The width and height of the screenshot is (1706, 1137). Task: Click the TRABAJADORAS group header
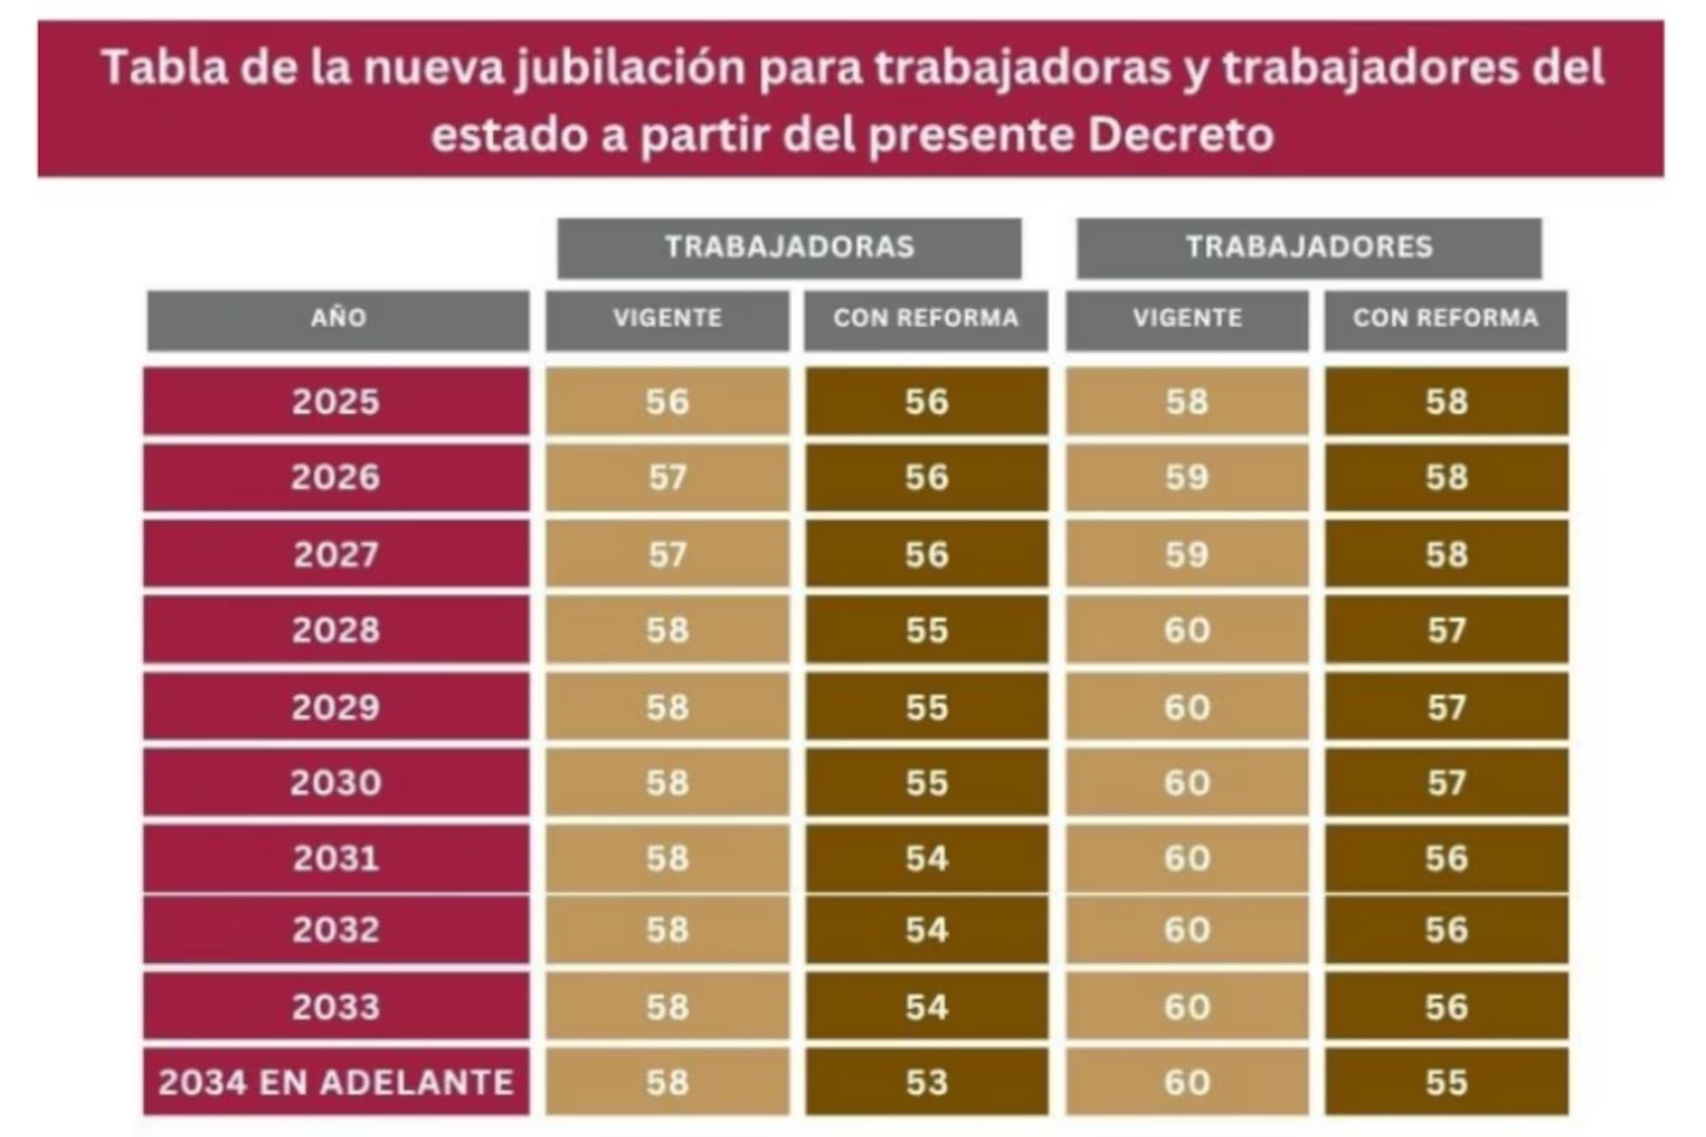point(789,247)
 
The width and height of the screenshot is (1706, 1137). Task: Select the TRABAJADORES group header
point(1309,247)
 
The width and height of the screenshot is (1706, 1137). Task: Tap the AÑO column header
point(338,319)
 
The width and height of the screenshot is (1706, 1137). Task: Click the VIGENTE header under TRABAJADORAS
point(668,319)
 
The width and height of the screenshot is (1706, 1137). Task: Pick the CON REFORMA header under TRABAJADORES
point(1445,319)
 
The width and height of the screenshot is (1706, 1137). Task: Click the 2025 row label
point(336,401)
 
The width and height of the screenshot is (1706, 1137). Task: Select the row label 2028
point(336,630)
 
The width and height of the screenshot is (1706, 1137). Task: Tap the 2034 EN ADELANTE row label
point(336,1082)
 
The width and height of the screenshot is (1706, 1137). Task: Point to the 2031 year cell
point(336,858)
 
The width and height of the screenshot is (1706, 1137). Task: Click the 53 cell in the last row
point(926,1082)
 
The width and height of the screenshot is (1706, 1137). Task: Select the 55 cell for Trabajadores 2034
point(1446,1082)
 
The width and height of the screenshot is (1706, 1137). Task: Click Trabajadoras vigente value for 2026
point(668,477)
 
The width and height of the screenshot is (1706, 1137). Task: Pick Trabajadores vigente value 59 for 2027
point(1186,554)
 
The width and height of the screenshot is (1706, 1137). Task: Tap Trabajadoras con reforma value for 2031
point(926,858)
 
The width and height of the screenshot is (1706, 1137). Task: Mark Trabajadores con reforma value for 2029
point(1446,707)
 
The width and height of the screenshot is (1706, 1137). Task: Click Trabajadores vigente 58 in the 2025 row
point(1186,401)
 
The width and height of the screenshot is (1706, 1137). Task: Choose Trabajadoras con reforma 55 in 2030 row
point(926,782)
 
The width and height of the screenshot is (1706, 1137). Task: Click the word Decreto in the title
point(1180,135)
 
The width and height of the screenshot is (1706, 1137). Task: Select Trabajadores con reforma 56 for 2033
point(1446,1006)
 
